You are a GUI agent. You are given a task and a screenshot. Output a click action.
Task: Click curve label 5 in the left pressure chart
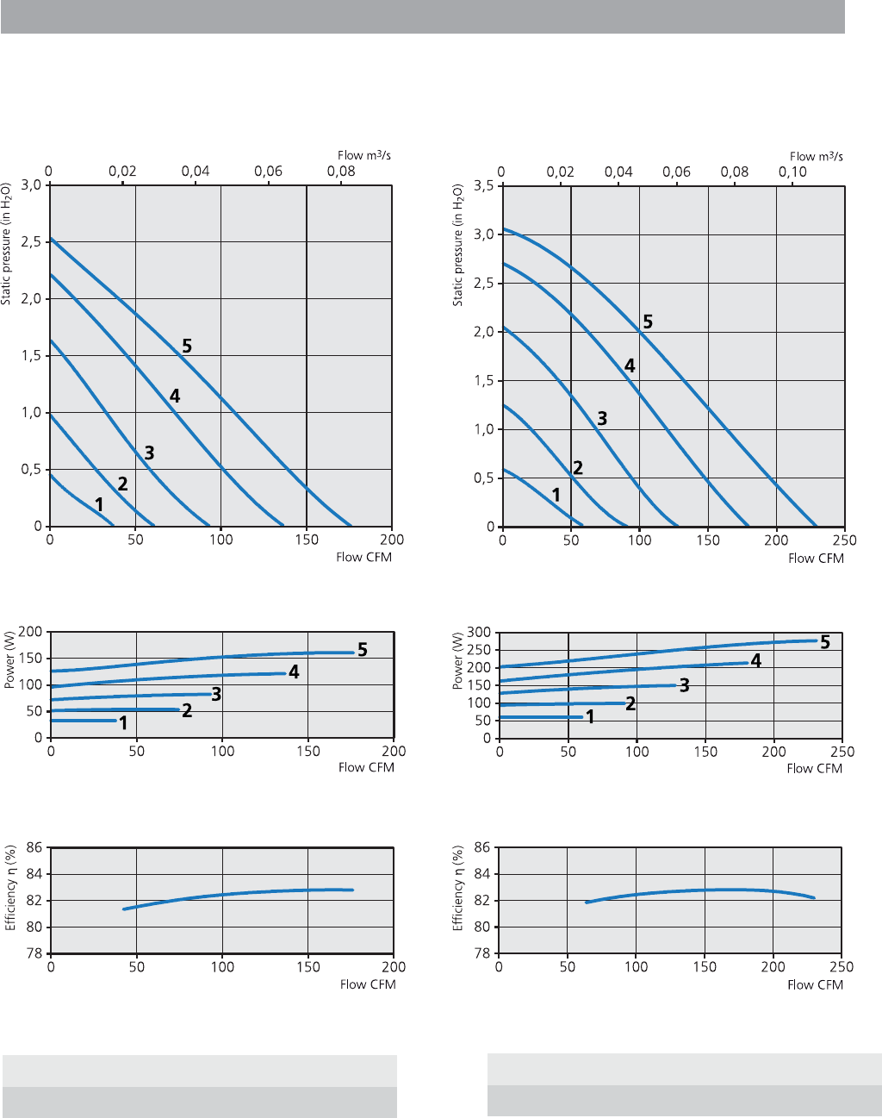(187, 347)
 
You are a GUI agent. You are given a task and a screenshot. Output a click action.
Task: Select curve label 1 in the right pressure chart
(556, 495)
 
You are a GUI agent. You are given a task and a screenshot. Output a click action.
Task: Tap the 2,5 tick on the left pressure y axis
(32, 242)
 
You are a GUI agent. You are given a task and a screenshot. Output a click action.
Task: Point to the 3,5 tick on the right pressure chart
(484, 185)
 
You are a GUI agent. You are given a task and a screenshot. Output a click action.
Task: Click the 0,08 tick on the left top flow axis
(341, 171)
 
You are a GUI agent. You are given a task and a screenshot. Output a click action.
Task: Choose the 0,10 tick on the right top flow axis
(792, 172)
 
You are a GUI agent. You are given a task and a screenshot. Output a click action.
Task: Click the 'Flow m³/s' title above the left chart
(363, 155)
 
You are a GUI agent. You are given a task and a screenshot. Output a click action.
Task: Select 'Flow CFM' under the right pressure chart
(816, 559)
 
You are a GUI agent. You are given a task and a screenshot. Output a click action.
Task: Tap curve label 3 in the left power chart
(216, 694)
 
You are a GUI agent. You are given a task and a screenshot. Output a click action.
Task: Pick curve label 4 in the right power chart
(755, 661)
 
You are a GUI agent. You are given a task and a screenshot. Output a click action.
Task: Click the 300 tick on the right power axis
(479, 633)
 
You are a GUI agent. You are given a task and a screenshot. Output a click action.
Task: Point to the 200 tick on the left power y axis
(31, 632)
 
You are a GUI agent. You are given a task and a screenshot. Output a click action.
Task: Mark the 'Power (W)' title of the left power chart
(10, 660)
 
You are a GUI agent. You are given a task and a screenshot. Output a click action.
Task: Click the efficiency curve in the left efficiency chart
(224, 894)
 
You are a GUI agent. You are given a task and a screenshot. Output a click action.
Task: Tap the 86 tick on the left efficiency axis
(34, 847)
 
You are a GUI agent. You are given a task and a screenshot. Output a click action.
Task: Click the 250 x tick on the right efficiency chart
(841, 967)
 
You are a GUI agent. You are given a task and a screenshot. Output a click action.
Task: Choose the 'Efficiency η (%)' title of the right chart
(458, 888)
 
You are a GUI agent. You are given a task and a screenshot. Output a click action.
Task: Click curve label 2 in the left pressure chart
(123, 484)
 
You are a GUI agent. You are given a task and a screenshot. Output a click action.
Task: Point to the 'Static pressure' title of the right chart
(458, 245)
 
